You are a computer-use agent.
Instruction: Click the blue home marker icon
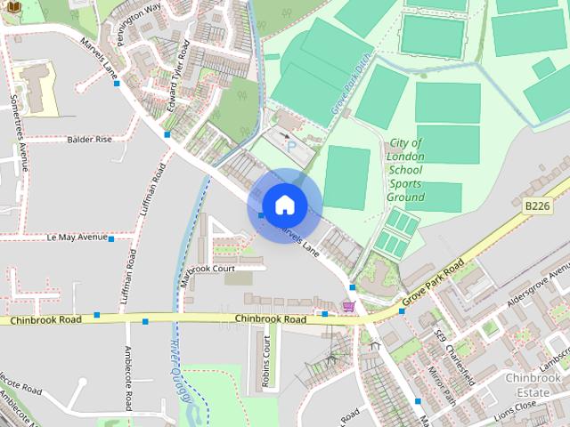[x=284, y=205]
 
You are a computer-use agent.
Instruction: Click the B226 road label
[x=537, y=206]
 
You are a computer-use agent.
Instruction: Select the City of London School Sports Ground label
[x=406, y=169]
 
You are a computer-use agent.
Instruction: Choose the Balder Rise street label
[x=90, y=140]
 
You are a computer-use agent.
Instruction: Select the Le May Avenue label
[x=77, y=238]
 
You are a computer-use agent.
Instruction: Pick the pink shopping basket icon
[x=348, y=307]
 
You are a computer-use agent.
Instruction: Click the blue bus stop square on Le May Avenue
[x=111, y=238]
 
